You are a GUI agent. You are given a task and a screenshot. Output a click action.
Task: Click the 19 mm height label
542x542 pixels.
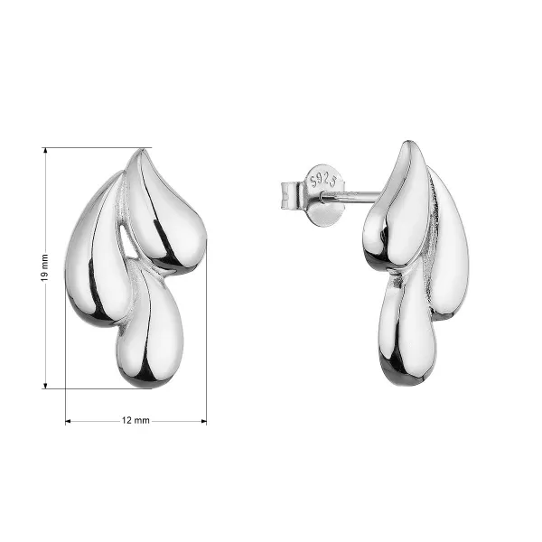[x=44, y=267]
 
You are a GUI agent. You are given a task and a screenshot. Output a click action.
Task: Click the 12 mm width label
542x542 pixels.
[x=135, y=420]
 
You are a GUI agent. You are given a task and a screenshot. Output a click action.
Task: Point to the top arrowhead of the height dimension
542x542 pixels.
[x=45, y=150]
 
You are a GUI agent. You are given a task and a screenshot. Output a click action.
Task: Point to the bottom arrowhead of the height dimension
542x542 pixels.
[x=45, y=386]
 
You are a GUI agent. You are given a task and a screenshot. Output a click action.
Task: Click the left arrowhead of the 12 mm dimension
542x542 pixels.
[x=68, y=421]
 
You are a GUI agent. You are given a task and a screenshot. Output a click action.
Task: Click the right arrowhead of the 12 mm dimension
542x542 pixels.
[x=204, y=421]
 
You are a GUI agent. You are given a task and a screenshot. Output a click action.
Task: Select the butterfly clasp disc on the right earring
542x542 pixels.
[x=325, y=195]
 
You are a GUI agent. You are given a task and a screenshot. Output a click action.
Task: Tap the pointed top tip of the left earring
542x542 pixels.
[x=140, y=149]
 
